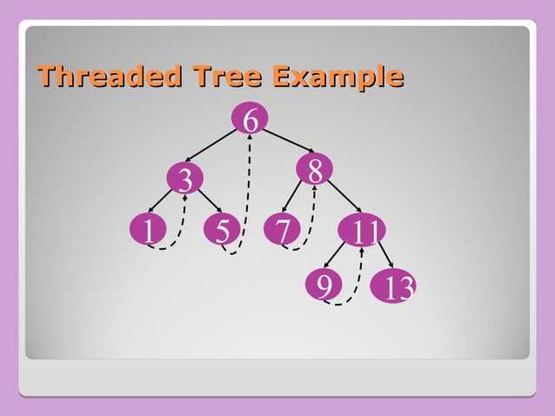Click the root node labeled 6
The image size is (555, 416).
coord(250,119)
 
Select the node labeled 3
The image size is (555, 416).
coord(184,179)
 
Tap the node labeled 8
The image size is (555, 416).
coord(314,170)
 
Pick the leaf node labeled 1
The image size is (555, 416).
coord(149,231)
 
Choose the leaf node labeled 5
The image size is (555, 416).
coord(222,231)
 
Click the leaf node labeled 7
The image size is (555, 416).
coord(282,231)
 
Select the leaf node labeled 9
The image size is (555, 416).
coord(324,285)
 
